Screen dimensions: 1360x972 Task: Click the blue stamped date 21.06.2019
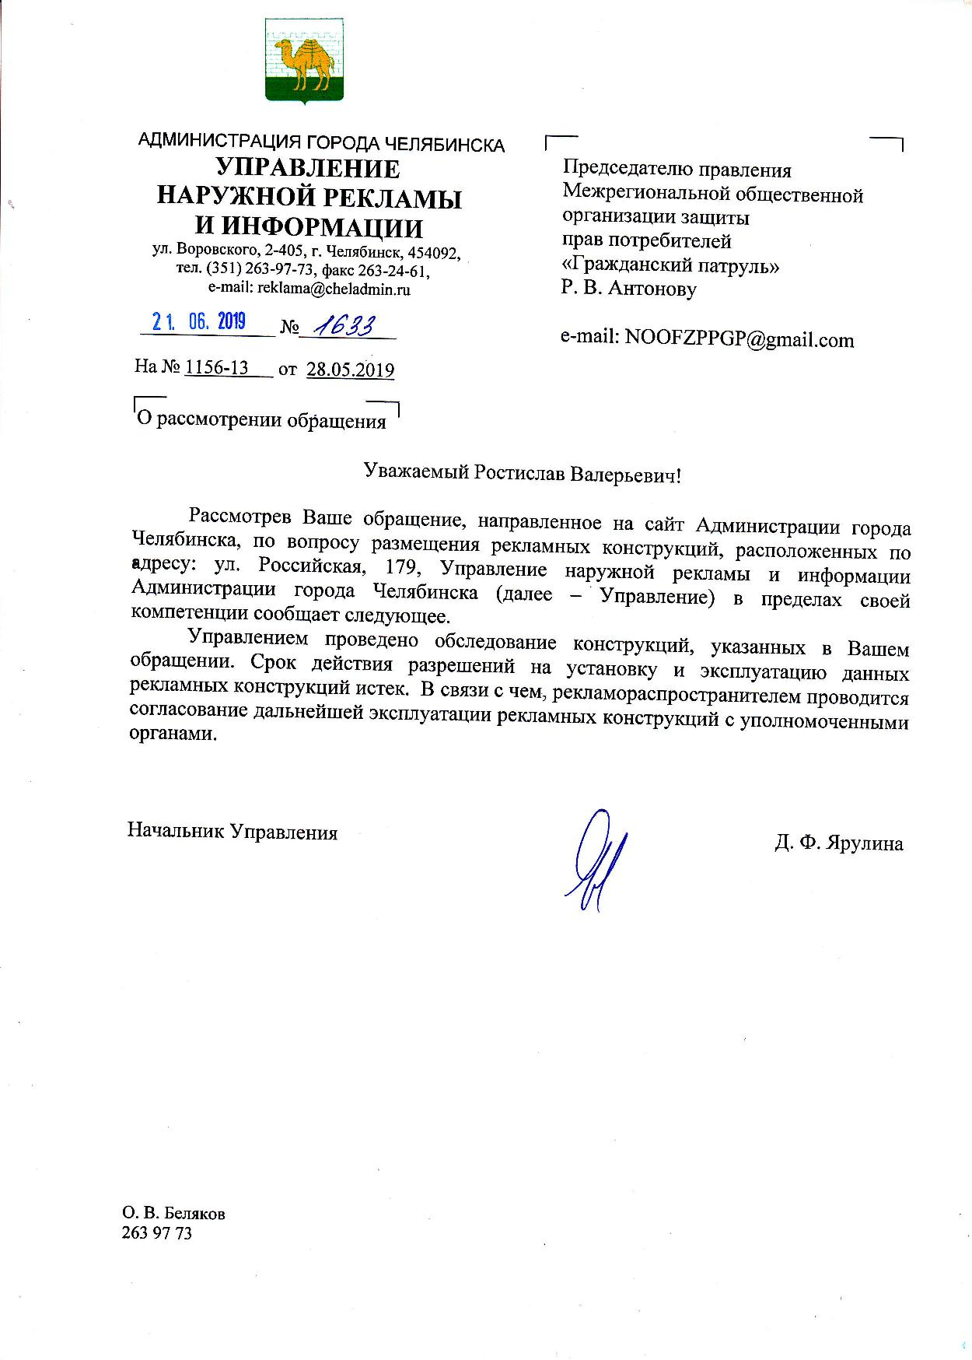tap(199, 321)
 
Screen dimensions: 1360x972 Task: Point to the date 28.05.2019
tap(350, 370)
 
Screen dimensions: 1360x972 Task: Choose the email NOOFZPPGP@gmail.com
tap(739, 339)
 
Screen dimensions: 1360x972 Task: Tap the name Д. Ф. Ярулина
tap(838, 843)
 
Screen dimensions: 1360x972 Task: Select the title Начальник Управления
tap(233, 832)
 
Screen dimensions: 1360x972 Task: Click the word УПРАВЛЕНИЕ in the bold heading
tap(308, 168)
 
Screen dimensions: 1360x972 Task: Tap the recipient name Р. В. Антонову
tap(628, 289)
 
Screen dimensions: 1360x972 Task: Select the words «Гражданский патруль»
tap(670, 265)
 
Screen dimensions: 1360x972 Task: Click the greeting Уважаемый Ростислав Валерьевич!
tap(522, 474)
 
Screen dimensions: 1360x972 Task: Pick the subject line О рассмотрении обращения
tap(261, 422)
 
